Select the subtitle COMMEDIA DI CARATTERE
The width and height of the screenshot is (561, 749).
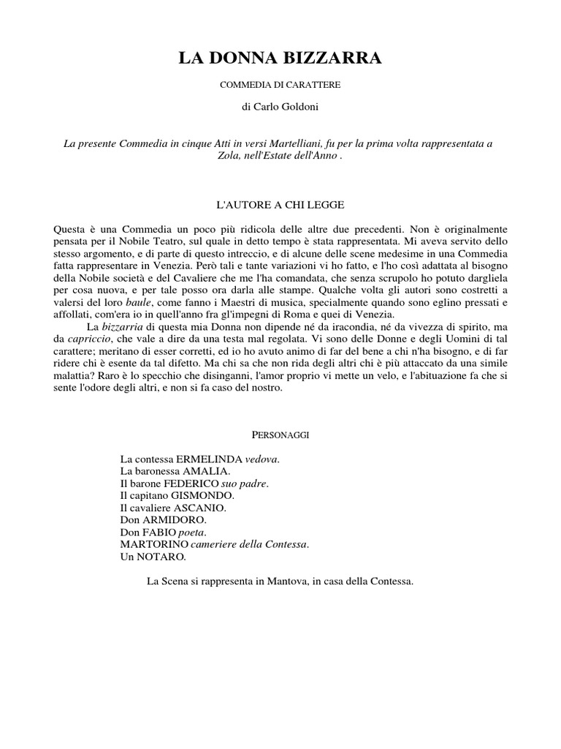tap(280, 85)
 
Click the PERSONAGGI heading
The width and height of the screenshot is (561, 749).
tap(280, 435)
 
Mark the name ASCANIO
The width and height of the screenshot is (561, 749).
tap(201, 508)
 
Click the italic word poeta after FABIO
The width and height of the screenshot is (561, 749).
tap(192, 532)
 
